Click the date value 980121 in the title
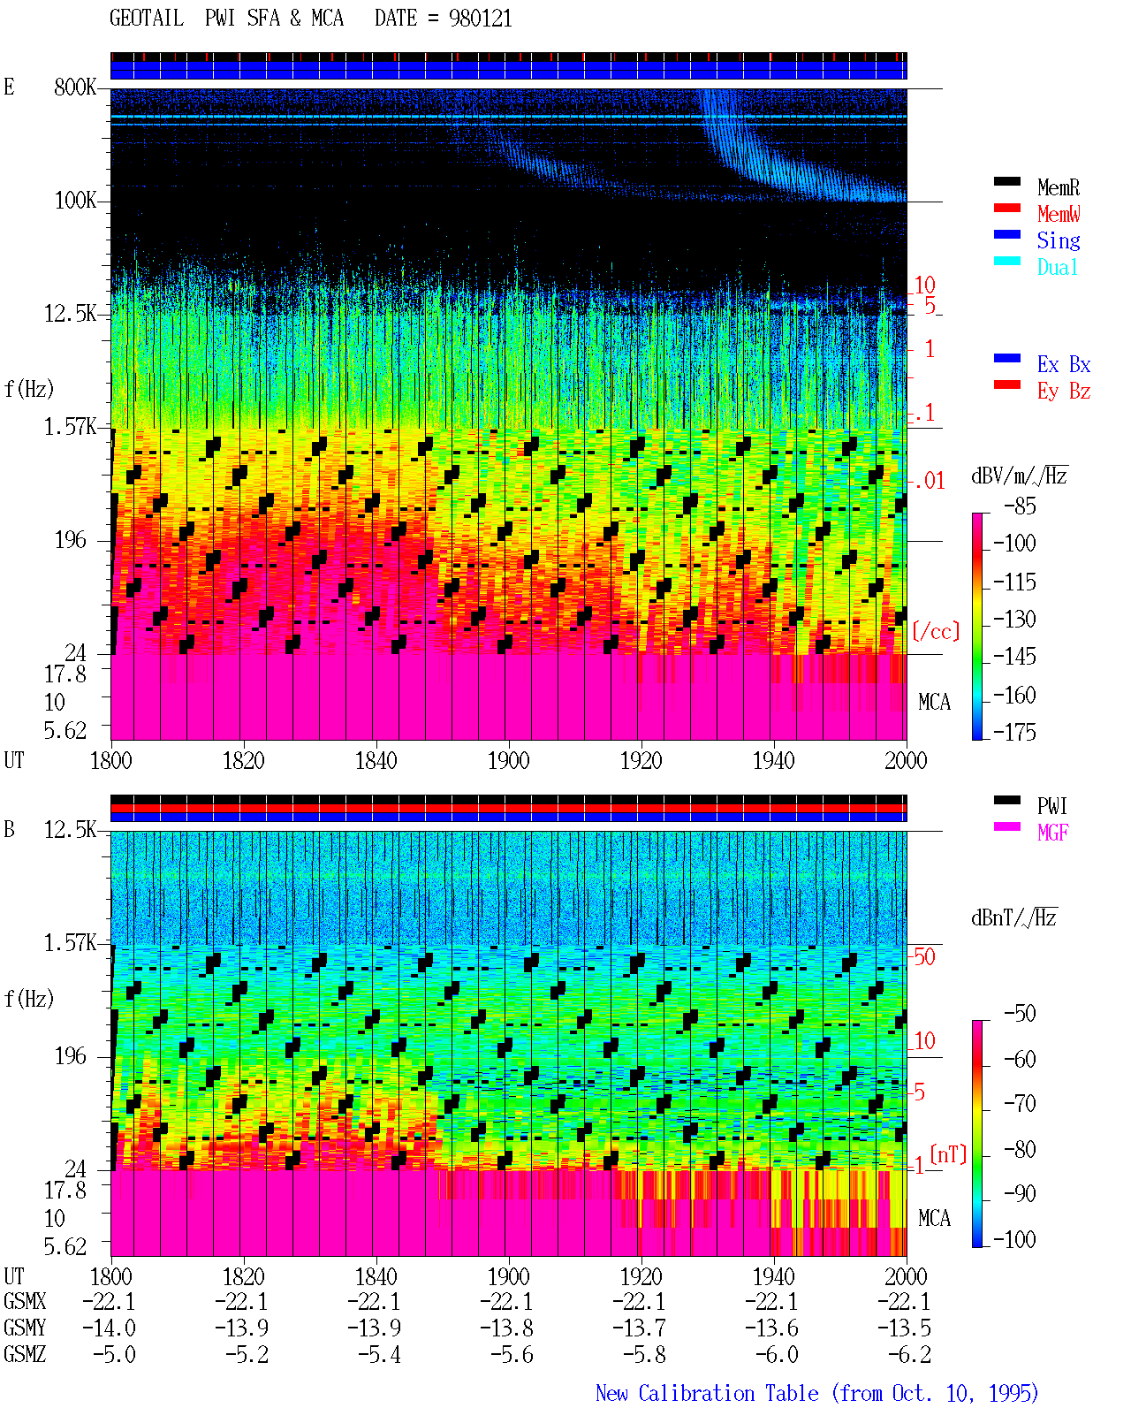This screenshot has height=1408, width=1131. click(480, 19)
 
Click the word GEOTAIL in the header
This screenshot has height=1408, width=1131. click(147, 19)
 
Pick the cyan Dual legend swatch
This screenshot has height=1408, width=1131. click(1006, 261)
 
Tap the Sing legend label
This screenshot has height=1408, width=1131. click(1059, 240)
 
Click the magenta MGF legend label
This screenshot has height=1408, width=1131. click(1053, 833)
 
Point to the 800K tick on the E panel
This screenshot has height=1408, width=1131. click(75, 87)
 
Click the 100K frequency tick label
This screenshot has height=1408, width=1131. click(75, 201)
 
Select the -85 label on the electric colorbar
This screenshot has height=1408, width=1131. click(1020, 506)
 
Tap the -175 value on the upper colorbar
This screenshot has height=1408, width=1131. click(1014, 732)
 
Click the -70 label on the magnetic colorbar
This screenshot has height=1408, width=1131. click(1020, 1104)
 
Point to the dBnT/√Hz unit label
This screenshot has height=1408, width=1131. click(1013, 918)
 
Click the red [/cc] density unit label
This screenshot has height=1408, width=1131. click(936, 631)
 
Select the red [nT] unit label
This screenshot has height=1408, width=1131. click(948, 1154)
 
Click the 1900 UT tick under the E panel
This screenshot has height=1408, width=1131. click(508, 761)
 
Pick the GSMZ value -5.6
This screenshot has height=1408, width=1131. click(512, 1354)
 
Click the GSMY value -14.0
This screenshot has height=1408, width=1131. click(109, 1328)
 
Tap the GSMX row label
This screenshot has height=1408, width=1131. click(25, 1302)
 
